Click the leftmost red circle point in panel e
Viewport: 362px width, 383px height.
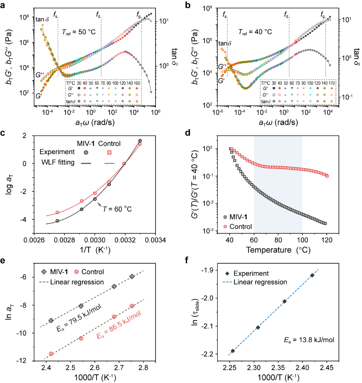(x=51, y=353)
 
